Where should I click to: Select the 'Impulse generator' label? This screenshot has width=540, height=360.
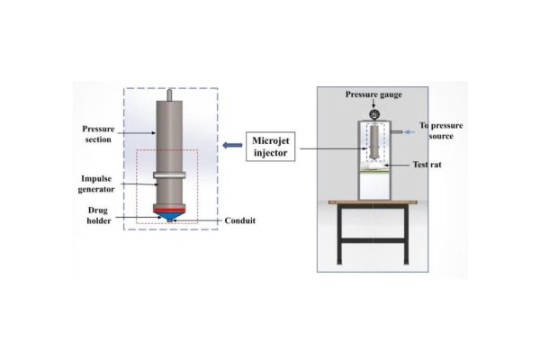[x=97, y=183]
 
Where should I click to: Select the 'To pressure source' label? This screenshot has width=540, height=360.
[x=441, y=130]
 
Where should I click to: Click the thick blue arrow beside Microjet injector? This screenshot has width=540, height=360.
[x=228, y=146]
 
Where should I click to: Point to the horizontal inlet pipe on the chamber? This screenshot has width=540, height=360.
[x=395, y=132]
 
